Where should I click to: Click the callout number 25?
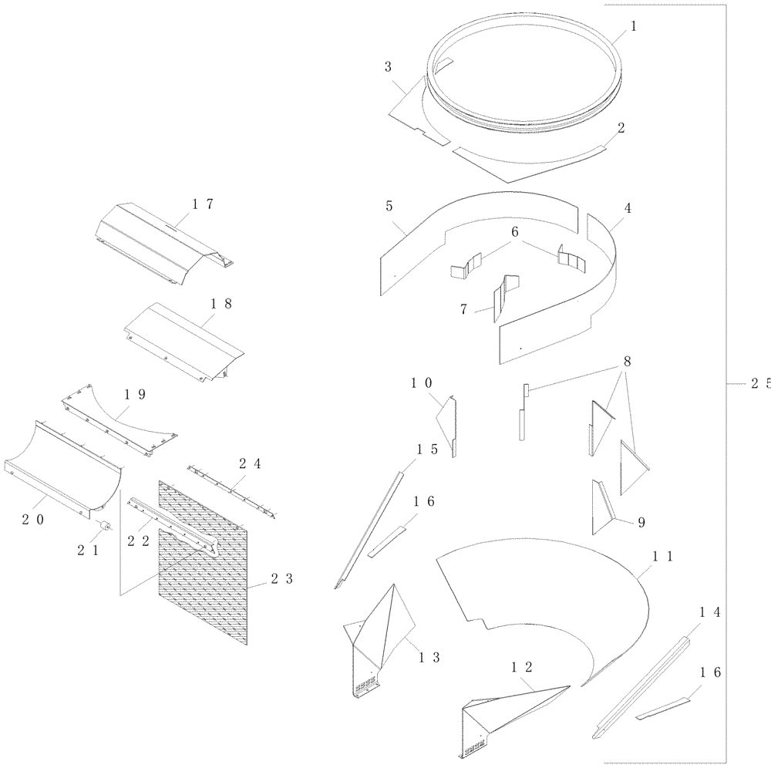click(x=759, y=386)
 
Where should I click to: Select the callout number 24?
click(x=250, y=464)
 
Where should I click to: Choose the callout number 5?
click(x=389, y=207)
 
